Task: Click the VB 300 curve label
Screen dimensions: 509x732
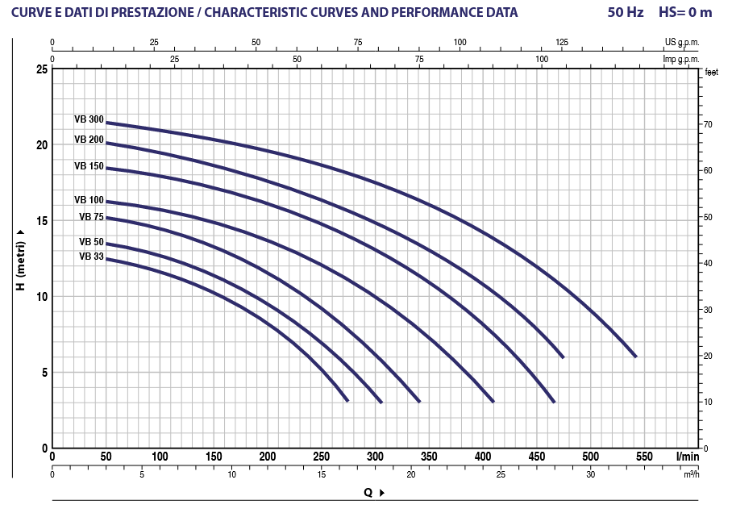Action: coord(89,119)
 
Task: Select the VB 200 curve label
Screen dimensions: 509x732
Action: coord(89,139)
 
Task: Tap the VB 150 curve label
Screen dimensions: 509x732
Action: coord(89,166)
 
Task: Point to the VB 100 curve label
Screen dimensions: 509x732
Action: coord(89,200)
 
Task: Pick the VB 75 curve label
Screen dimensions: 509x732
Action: coord(91,216)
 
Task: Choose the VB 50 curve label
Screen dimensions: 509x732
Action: coord(91,242)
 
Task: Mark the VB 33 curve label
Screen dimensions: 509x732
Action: coord(91,257)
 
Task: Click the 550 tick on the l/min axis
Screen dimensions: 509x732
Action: coord(644,457)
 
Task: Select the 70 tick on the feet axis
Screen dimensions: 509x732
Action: coord(707,125)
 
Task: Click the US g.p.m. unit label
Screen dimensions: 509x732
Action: coord(682,42)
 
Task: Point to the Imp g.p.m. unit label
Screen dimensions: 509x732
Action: coord(681,59)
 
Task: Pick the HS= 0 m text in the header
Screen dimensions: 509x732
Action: coord(686,13)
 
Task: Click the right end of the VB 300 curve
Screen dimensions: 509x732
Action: coord(635,357)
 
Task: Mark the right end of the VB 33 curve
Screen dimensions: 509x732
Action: coord(347,401)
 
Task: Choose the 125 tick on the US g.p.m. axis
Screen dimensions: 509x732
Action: coord(562,42)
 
